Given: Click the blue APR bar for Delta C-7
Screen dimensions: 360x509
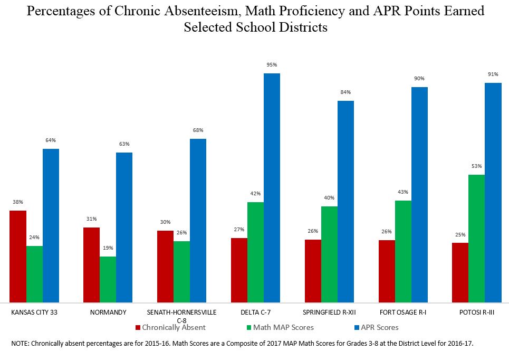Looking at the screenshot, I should (x=272, y=187).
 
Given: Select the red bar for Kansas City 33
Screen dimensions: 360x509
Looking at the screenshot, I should (x=18, y=256).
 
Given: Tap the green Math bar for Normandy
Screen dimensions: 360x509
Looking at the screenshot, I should (x=108, y=279).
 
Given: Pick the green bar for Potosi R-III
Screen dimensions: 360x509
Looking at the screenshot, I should (x=476, y=238).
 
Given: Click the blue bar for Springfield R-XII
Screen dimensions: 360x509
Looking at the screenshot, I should (x=345, y=201).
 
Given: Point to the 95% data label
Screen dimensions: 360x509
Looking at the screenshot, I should (x=272, y=65).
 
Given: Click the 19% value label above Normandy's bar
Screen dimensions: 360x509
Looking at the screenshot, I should (x=108, y=248).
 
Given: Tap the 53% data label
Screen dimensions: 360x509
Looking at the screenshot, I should (x=476, y=166).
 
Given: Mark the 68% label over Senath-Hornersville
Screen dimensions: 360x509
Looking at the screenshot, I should (x=198, y=130).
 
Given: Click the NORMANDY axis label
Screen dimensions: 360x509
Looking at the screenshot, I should (x=108, y=312).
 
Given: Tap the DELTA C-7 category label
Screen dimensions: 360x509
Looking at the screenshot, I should (x=255, y=312).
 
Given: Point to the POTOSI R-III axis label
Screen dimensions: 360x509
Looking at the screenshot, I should (x=476, y=312).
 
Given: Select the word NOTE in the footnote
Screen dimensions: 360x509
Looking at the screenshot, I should (x=20, y=344).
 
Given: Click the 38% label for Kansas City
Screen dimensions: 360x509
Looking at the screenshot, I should (x=18, y=202).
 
